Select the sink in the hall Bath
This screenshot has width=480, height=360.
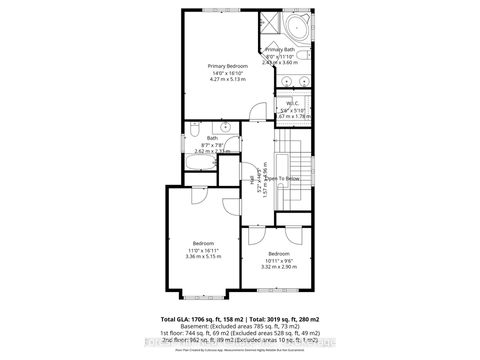click(227, 128)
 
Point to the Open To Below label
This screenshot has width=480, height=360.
click(283, 178)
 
